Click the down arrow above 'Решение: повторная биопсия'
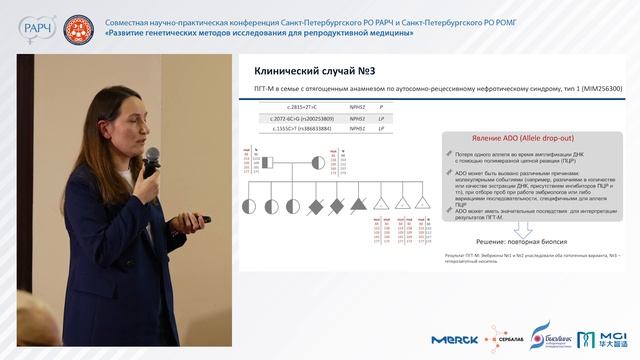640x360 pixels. click(529, 226)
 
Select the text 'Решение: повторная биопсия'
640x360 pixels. click(530, 242)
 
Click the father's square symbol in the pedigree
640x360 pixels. click(268, 163)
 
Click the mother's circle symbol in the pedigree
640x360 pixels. click(317, 163)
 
